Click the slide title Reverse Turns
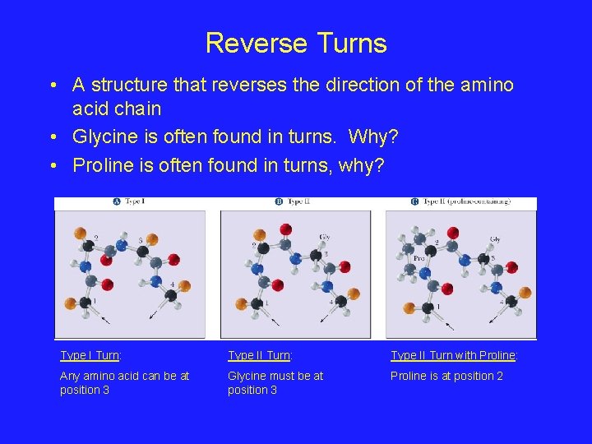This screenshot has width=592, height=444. tap(296, 43)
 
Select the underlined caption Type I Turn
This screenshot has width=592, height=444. tap(90, 355)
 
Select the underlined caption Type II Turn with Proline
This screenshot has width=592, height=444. tap(454, 355)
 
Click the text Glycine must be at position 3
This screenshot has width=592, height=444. tap(275, 382)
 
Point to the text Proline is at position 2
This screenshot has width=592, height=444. tap(446, 376)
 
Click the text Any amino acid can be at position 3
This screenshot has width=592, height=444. tap(124, 382)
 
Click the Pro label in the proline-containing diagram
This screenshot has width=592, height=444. tap(419, 257)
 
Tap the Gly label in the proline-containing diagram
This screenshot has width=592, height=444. tap(495, 239)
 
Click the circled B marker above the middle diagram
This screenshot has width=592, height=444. tap(279, 202)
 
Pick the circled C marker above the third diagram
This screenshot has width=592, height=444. tap(414, 202)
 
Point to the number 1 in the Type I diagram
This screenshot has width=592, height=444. tap(93, 302)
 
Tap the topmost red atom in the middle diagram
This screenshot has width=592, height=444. tap(285, 229)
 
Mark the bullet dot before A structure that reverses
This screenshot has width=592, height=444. tap(52, 86)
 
